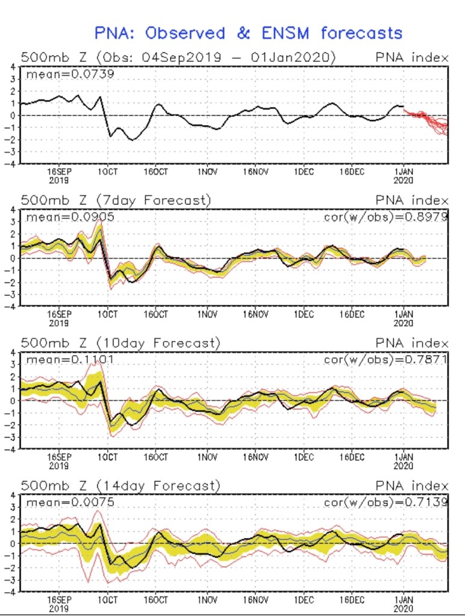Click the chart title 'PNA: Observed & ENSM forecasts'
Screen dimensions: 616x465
[x=248, y=33]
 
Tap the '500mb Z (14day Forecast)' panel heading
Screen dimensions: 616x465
[x=120, y=485]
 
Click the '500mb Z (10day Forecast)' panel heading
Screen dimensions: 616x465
[x=120, y=343]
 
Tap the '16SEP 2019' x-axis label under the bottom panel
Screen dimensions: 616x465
[x=59, y=603]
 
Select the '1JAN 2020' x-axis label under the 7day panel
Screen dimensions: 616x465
[x=403, y=318]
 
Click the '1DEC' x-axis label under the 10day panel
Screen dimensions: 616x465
[x=304, y=457]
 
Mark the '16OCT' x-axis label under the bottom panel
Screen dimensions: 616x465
[x=156, y=599]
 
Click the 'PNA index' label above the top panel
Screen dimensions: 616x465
[x=411, y=58]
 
